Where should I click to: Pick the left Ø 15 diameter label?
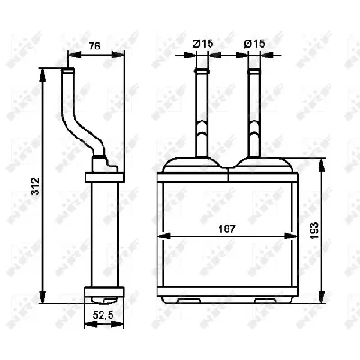tap(203, 43)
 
